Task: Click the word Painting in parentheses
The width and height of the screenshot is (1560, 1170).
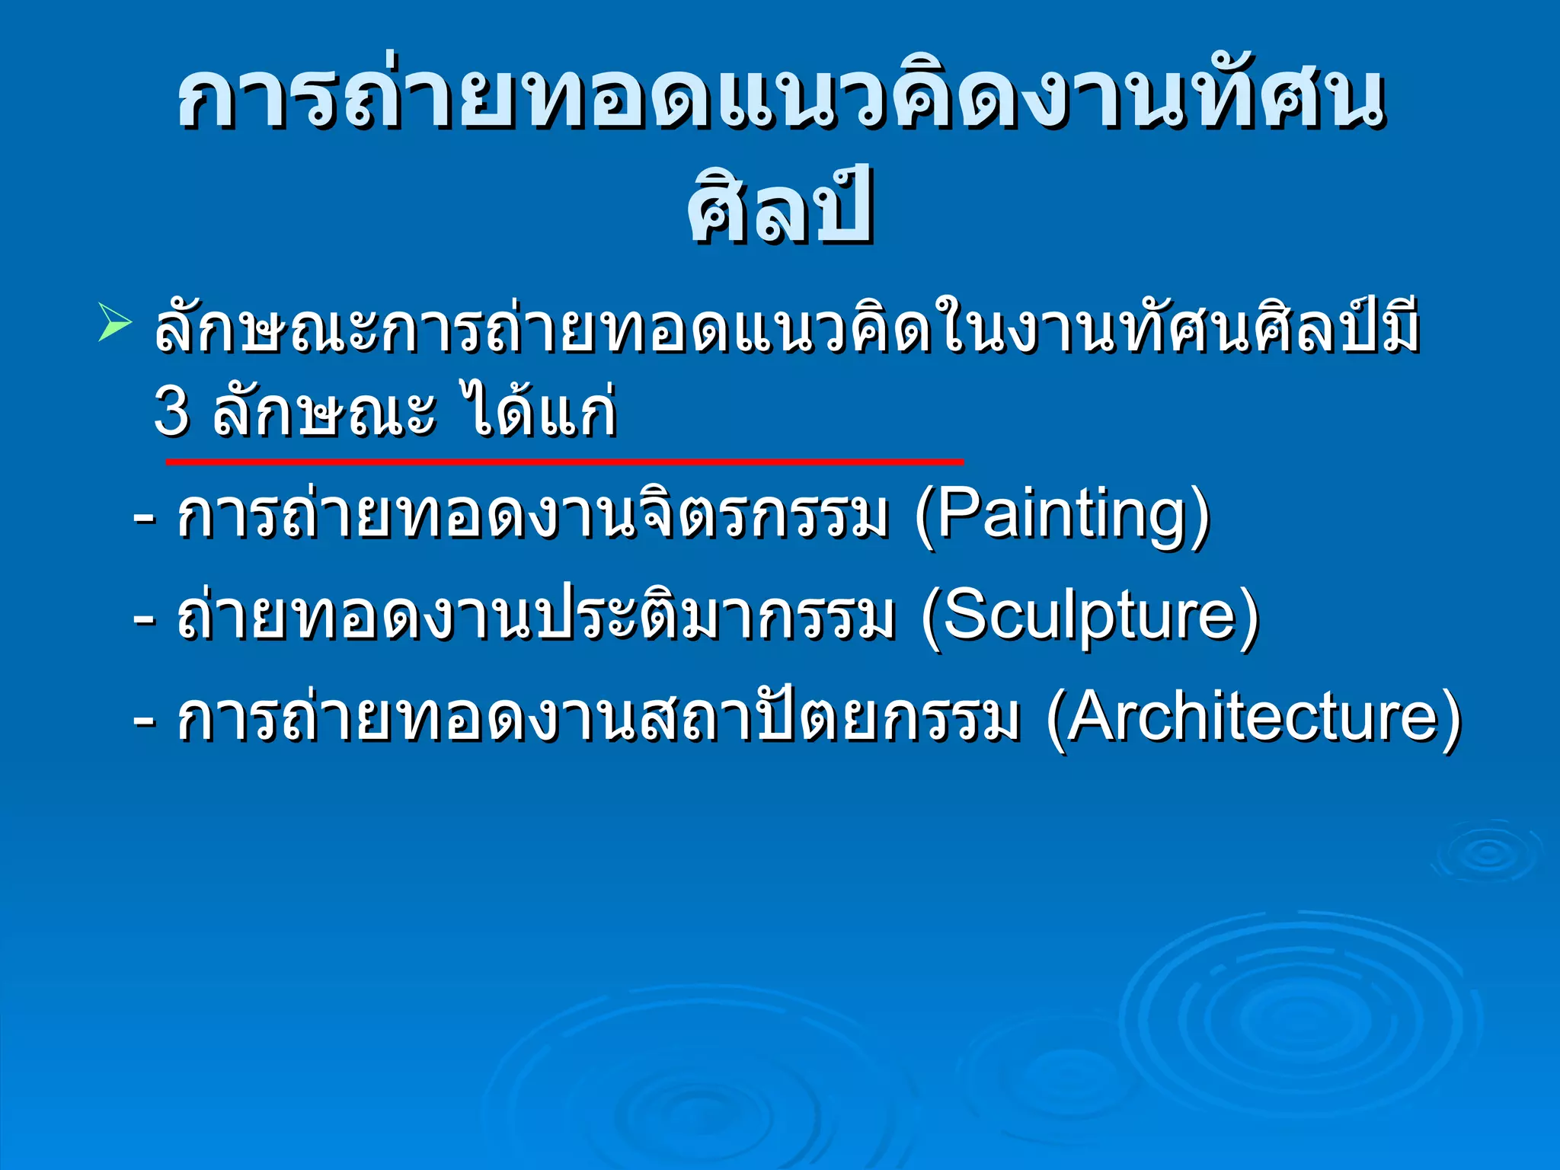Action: click(1063, 516)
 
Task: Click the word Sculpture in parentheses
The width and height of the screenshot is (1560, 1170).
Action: click(1089, 616)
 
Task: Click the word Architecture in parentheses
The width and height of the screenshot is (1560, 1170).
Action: click(1253, 717)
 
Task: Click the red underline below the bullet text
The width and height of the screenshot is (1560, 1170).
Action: click(564, 462)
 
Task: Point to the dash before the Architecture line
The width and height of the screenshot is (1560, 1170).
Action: click(145, 719)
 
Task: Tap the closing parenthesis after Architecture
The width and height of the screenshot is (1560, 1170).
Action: click(1451, 719)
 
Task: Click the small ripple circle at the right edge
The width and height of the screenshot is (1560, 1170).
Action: click(1488, 853)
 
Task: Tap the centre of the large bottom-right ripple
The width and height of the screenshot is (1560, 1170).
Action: click(1295, 1021)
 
